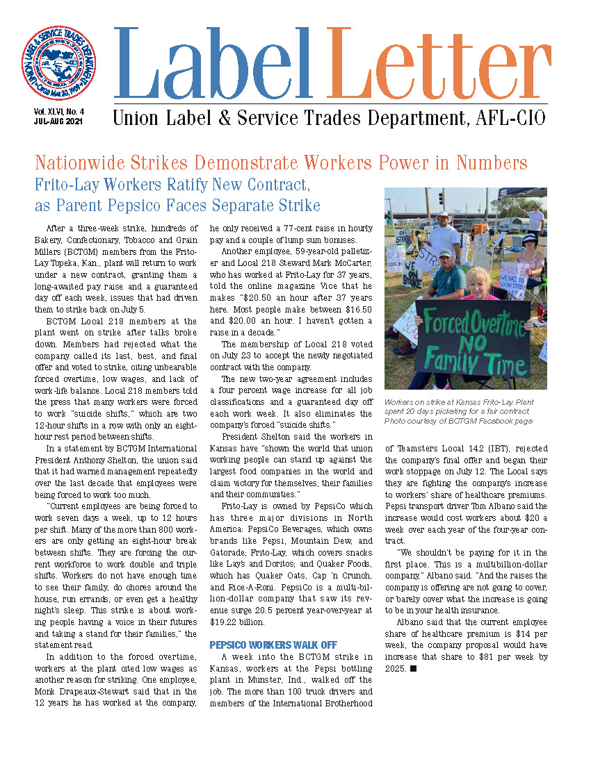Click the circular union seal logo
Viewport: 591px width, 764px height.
pos(58,63)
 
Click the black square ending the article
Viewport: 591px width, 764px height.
pos(413,668)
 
